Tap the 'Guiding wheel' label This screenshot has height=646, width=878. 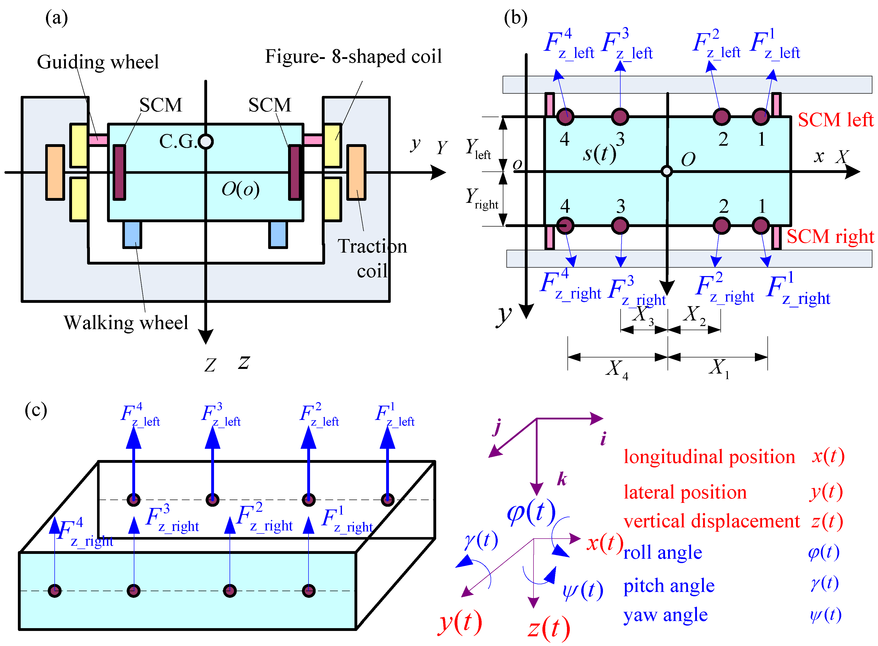coord(98,62)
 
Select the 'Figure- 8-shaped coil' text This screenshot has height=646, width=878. coord(353,56)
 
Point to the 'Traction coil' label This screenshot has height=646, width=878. coord(372,258)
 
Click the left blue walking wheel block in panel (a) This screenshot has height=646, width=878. coord(132,234)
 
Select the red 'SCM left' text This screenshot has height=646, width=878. coord(835,120)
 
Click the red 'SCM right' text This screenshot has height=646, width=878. coord(830,236)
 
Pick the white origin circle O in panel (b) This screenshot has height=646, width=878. coord(667,171)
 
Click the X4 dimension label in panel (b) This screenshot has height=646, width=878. coord(616,368)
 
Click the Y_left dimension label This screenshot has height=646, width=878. coord(478,148)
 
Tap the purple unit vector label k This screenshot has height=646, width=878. coord(562,479)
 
